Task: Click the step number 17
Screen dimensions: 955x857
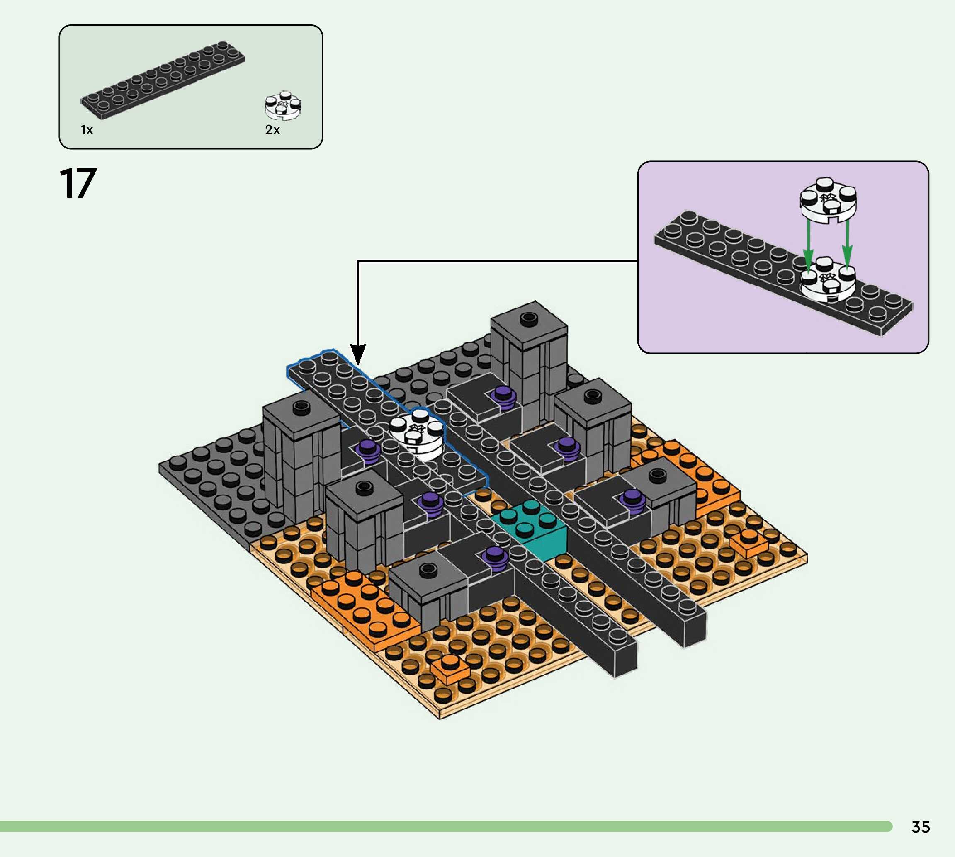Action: [x=78, y=184]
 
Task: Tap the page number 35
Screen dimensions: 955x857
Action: [x=921, y=827]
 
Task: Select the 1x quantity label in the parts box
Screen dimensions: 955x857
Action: [x=87, y=129]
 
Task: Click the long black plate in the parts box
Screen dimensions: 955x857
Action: [x=163, y=80]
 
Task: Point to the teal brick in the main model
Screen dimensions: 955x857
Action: [x=530, y=528]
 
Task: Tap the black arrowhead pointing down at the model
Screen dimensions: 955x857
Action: [x=358, y=354]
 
